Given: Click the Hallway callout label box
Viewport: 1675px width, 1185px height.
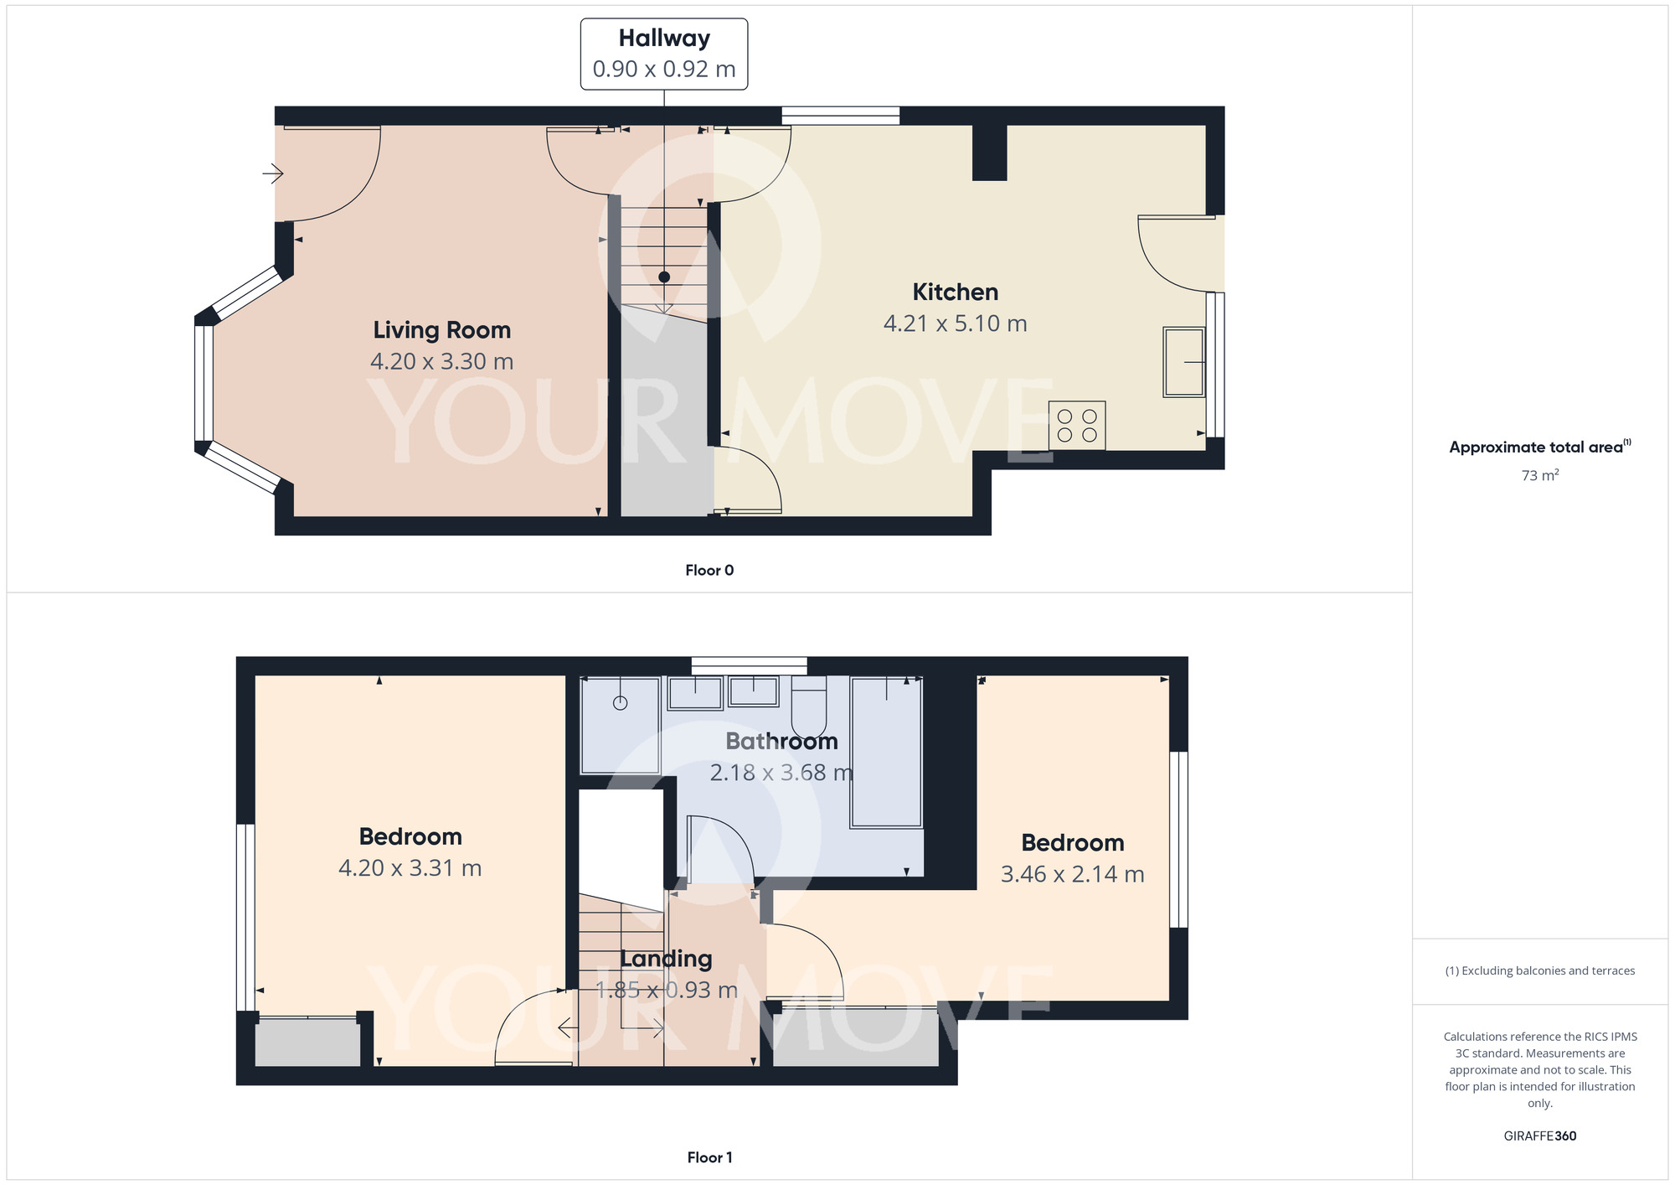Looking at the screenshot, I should pos(663,54).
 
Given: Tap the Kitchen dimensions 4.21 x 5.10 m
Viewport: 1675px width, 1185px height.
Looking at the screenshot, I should pos(955,323).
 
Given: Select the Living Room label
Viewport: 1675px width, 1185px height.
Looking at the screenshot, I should pos(441,330).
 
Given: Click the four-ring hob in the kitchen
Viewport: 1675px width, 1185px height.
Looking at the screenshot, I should pos(1076,426).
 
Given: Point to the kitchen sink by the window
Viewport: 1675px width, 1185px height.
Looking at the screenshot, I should pos(1183,362).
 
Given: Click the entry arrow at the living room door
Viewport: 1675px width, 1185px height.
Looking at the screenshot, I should pos(273,174).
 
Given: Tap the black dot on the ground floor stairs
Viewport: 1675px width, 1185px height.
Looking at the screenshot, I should pos(664,277).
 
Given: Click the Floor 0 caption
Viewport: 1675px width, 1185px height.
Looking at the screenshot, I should pos(709,571).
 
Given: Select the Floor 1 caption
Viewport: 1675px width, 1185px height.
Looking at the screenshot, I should pos(709,1157).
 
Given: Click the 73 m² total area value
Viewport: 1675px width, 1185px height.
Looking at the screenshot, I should pos(1539,475).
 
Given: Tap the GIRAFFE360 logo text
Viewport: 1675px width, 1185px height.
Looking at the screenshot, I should pos(1539,1136).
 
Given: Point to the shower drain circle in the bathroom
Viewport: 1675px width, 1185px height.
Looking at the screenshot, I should pos(621,703).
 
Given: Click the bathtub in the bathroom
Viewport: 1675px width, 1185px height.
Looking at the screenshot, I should pos(885,753).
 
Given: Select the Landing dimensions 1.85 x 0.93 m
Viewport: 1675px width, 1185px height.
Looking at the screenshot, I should pos(666,991).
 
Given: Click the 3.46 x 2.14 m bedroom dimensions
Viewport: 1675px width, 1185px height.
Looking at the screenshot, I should pos(1072,874).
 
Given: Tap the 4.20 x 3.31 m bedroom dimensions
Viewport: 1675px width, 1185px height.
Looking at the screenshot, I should pos(410,868).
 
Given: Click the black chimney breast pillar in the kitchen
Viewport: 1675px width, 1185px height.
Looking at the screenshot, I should pos(989,152).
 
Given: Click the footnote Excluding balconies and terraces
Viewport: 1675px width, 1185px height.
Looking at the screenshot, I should pos(1539,971).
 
